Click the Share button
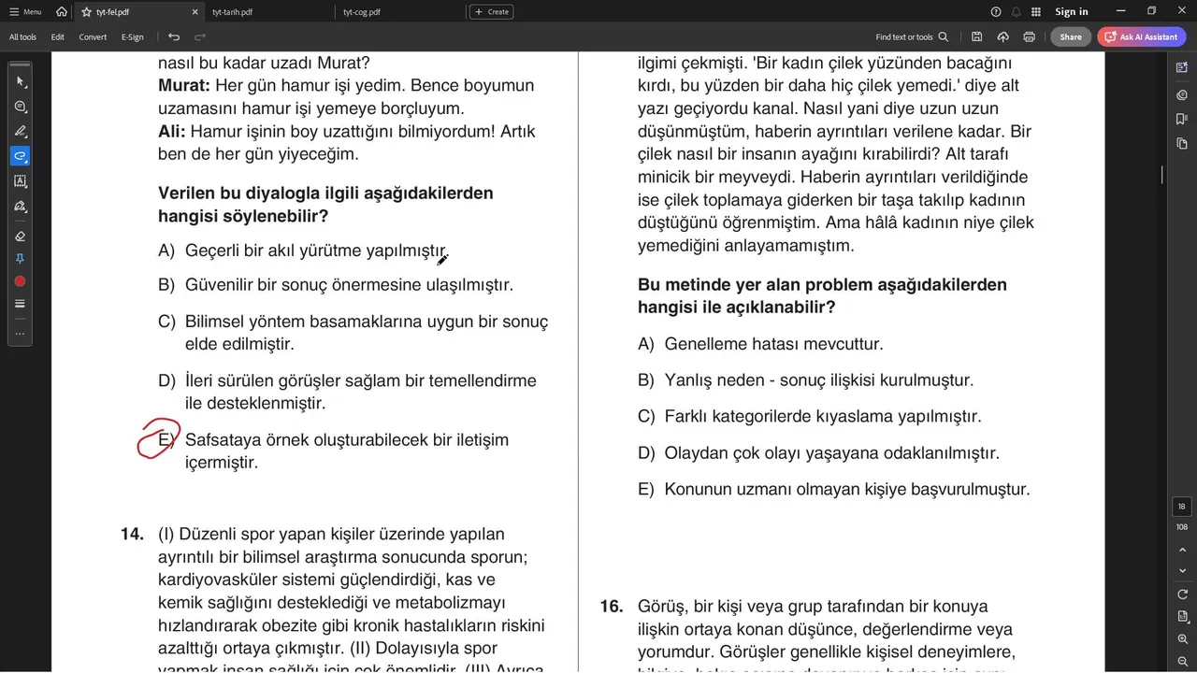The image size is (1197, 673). coord(1071,37)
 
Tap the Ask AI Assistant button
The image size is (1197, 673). coord(1142,37)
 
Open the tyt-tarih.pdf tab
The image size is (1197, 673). coord(233,12)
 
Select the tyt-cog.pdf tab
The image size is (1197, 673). coord(362,12)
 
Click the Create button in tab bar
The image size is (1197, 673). coord(491,12)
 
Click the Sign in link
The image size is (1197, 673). coord(1071,12)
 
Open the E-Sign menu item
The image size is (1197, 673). coord(133,37)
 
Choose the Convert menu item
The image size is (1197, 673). coord(93,37)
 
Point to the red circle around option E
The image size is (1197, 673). coord(158,438)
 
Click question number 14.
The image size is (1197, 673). coord(132,535)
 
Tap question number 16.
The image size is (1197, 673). coord(611,607)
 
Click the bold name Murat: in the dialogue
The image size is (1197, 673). coord(184,86)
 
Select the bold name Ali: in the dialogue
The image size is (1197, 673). coord(172,132)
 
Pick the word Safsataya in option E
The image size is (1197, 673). coord(223,440)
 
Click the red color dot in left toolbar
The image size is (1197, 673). coord(20,281)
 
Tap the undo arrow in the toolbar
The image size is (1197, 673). coord(174,37)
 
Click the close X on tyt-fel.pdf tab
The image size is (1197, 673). coord(195,12)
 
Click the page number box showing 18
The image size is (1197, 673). coord(1182,507)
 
